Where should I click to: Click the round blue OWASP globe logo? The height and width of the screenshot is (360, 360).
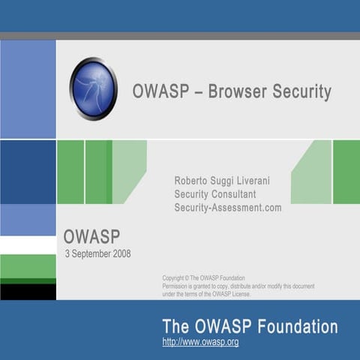(93, 88)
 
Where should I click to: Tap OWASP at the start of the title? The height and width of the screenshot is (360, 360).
(155, 92)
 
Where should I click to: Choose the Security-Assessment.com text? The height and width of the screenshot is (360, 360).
(228, 208)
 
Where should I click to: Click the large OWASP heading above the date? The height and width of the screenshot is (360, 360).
(91, 237)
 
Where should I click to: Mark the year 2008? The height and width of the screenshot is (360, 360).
(121, 254)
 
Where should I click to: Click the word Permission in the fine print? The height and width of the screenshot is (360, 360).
(177, 286)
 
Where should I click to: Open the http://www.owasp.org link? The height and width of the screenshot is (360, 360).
(200, 342)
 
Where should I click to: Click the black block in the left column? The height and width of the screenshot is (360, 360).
(28, 292)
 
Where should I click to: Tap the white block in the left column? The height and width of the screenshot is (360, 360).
(28, 245)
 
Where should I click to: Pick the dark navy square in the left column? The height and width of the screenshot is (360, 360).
(28, 172)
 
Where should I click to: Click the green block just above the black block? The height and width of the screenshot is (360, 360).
(28, 267)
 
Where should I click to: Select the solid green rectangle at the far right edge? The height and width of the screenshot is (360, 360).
(346, 172)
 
